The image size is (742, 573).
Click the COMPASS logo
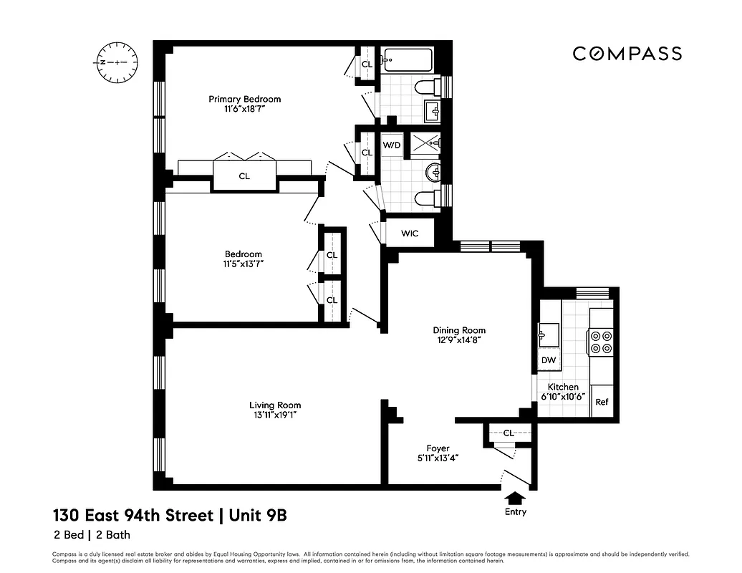click(627, 54)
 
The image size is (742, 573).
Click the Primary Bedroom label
click(244, 99)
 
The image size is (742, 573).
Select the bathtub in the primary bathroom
click(407, 61)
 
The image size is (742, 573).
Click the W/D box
click(392, 145)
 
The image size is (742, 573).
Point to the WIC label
click(410, 233)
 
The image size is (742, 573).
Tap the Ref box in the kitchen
click(602, 402)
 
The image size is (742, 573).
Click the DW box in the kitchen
click(549, 360)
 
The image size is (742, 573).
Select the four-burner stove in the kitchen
click(600, 342)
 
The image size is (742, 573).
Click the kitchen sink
click(549, 333)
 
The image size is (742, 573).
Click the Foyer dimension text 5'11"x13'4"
click(438, 458)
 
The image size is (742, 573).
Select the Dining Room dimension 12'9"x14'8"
click(459, 340)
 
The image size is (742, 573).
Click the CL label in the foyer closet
click(509, 433)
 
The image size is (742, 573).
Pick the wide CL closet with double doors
click(244, 176)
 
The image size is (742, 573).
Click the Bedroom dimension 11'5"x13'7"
click(243, 264)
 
